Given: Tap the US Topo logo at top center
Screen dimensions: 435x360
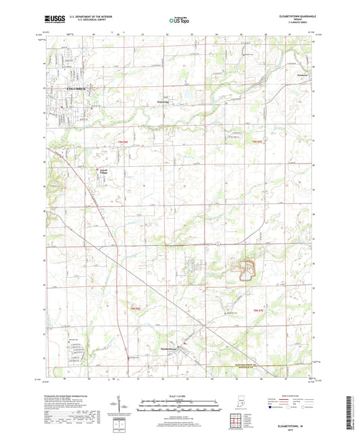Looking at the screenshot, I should (x=179, y=22).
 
